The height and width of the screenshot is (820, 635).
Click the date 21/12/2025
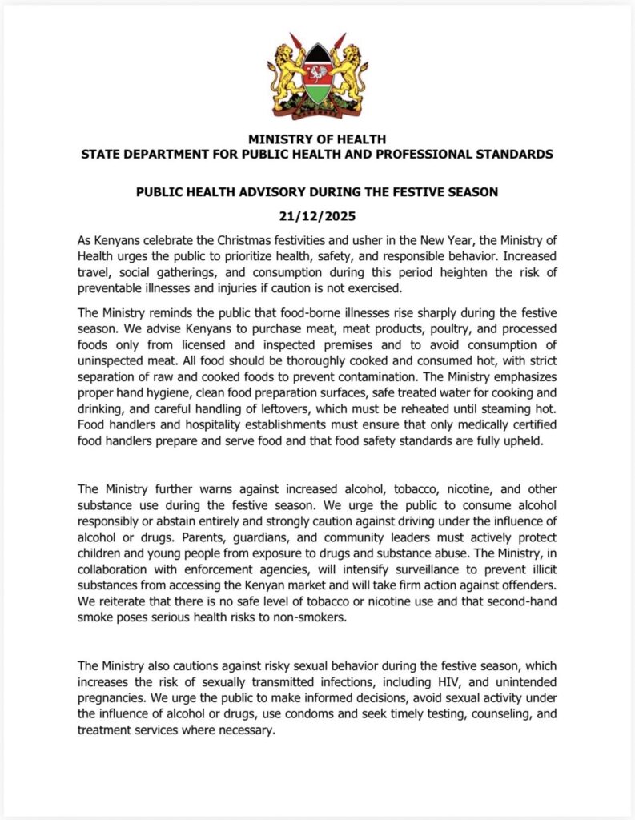pyautogui.click(x=317, y=217)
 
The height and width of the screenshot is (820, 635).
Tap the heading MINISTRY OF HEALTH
pyautogui.click(x=317, y=139)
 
